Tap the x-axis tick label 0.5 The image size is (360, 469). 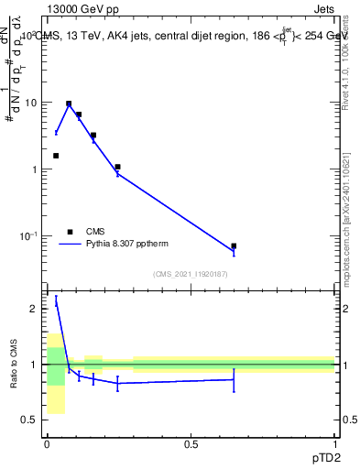(x=191, y=444)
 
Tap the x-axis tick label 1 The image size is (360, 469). (x=335, y=444)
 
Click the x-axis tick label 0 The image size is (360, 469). (x=47, y=444)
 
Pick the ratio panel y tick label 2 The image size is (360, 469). (x=34, y=309)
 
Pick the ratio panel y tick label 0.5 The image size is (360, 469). (x=30, y=420)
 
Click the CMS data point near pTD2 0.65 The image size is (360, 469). (x=234, y=246)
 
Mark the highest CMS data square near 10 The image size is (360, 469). (x=69, y=104)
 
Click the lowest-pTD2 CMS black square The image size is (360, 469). (x=56, y=156)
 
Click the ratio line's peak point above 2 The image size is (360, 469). (x=56, y=301)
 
